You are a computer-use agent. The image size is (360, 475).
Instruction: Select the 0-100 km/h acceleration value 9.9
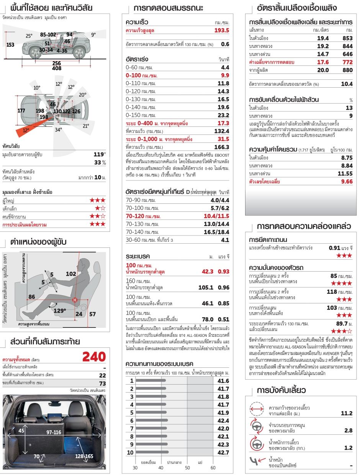223,75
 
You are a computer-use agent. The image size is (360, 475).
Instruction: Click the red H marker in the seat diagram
75,300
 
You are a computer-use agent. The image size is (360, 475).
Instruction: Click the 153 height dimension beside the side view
10,45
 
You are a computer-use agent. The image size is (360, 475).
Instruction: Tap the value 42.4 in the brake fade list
223,421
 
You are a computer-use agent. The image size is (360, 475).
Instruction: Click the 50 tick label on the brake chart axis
187,468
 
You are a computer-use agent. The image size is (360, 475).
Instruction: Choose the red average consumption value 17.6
323,62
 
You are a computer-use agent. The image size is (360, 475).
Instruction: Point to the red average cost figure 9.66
347,182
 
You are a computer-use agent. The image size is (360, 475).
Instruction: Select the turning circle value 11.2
346,413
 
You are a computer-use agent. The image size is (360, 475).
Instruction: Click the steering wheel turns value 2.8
348,431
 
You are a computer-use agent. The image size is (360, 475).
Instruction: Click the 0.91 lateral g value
335,247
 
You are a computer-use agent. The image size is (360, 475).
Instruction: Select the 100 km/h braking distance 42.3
208,271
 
